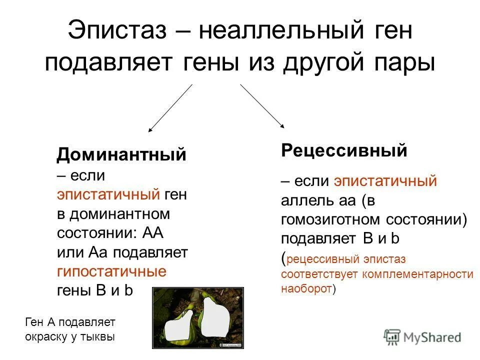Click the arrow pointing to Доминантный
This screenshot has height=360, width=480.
(170, 107)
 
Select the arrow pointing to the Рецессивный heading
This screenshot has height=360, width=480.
(262, 106)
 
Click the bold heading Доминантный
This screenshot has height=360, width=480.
(121, 154)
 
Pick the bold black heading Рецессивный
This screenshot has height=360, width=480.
(344, 150)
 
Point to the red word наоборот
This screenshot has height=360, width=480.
(306, 288)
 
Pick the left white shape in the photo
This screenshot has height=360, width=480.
(179, 327)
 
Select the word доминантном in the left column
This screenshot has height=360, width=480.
(120, 214)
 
